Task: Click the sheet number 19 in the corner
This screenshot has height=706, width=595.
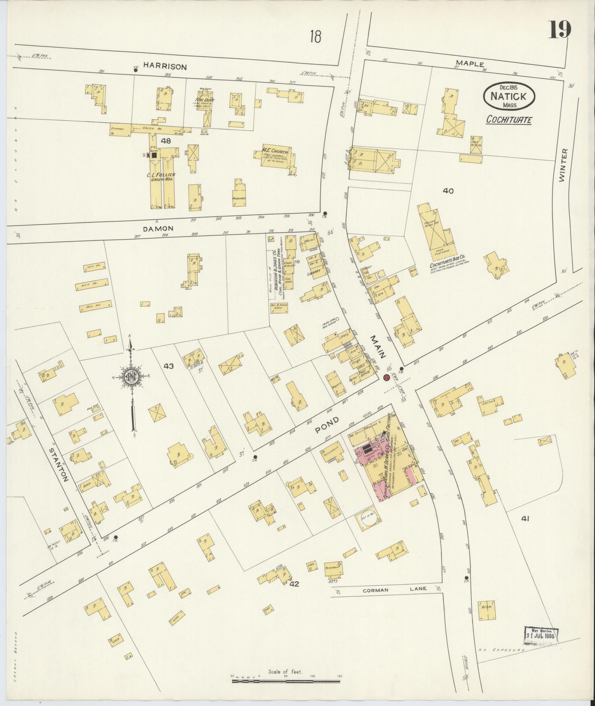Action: pyautogui.click(x=559, y=30)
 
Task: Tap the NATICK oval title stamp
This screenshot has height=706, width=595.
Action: pyautogui.click(x=509, y=95)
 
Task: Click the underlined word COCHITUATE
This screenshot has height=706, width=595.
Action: pyautogui.click(x=509, y=120)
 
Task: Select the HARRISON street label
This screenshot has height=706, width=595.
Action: pyautogui.click(x=165, y=67)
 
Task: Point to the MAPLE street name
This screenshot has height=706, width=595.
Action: pyautogui.click(x=469, y=63)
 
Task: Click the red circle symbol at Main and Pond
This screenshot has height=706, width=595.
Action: pyautogui.click(x=386, y=378)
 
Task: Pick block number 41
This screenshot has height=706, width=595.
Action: pyautogui.click(x=525, y=519)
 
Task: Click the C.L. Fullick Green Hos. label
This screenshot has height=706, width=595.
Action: pyautogui.click(x=162, y=176)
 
